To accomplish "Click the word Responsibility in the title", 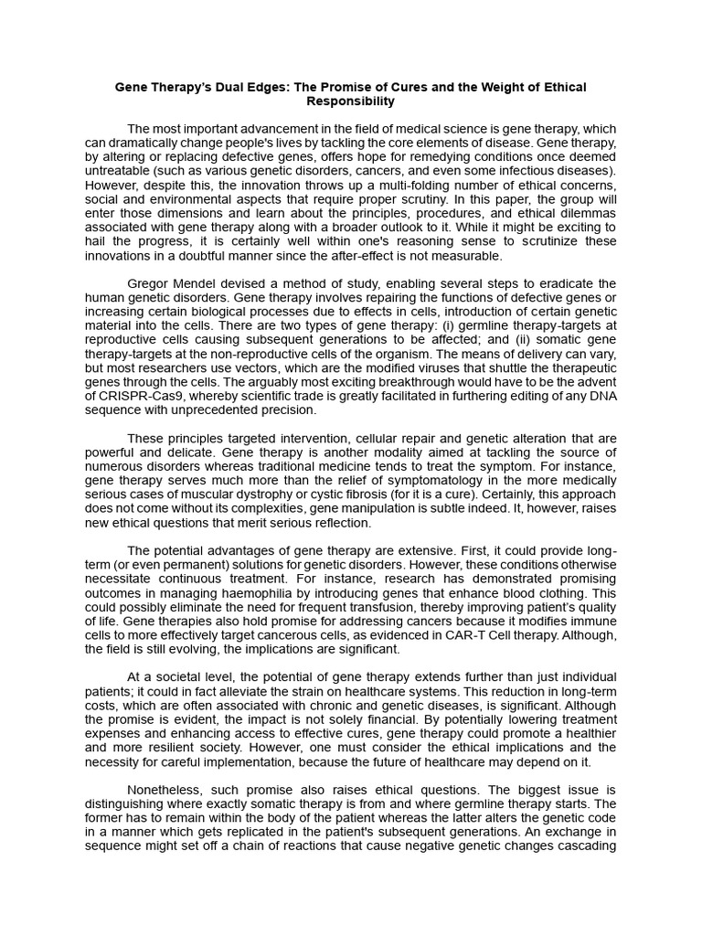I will click(x=351, y=101).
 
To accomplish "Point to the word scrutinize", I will click(x=522, y=240).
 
